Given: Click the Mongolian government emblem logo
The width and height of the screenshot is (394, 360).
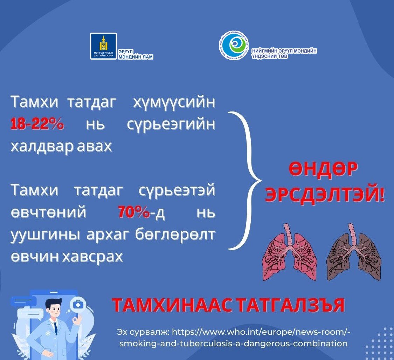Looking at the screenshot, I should pos(103,46).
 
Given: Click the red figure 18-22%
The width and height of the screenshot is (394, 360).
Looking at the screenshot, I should pos(37,124).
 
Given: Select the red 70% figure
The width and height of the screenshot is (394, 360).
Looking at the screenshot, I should pos(134,212).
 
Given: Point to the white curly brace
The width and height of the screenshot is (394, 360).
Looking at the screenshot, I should pos(247,181).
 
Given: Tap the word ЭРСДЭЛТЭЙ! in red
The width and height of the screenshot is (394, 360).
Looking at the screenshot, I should pos(324,195).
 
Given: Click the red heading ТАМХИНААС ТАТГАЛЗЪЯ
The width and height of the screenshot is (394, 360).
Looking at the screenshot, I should pos(228,306).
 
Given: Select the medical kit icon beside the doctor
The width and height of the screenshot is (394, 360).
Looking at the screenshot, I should pos(77,305).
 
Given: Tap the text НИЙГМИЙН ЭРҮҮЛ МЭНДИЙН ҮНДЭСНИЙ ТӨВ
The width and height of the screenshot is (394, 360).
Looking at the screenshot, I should pos(284,53).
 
